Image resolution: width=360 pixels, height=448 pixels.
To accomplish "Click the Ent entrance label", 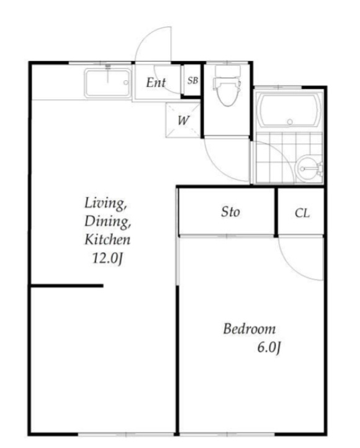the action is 156,83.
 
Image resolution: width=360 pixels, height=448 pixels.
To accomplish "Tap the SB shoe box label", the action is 192,81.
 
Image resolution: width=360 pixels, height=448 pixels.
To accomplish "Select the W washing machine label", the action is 183,121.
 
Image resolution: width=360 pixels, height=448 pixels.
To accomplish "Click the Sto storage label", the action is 230,212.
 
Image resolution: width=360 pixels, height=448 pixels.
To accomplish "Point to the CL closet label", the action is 302,213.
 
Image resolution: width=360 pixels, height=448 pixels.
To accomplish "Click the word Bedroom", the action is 250,329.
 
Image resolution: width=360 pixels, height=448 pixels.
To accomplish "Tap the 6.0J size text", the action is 269,348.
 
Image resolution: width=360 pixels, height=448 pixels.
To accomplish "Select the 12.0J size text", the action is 107,258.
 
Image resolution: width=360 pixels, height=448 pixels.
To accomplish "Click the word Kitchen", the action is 107,239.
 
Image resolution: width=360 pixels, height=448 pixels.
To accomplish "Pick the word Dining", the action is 107,221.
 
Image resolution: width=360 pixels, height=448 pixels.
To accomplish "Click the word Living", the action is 106,203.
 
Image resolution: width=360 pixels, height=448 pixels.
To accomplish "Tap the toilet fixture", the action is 227,86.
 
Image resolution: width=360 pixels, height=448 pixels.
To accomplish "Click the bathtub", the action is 289,110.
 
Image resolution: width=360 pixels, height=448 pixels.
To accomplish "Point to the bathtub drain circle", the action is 290,122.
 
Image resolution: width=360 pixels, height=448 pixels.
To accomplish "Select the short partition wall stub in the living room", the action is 67,286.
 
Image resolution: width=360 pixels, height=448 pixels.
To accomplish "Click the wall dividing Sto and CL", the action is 276,212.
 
